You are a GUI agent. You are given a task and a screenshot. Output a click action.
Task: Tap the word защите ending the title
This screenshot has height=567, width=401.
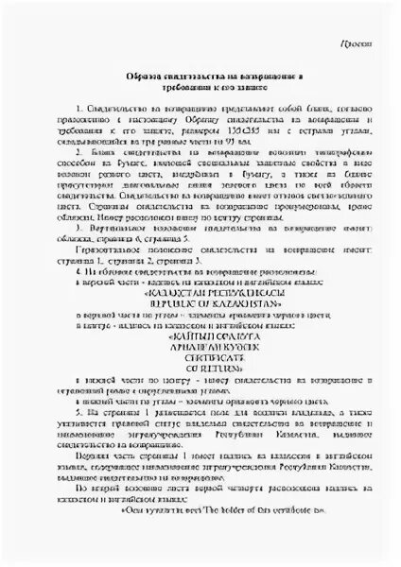tap(252, 85)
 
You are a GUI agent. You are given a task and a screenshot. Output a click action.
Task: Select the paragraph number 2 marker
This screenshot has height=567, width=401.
tap(80, 151)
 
